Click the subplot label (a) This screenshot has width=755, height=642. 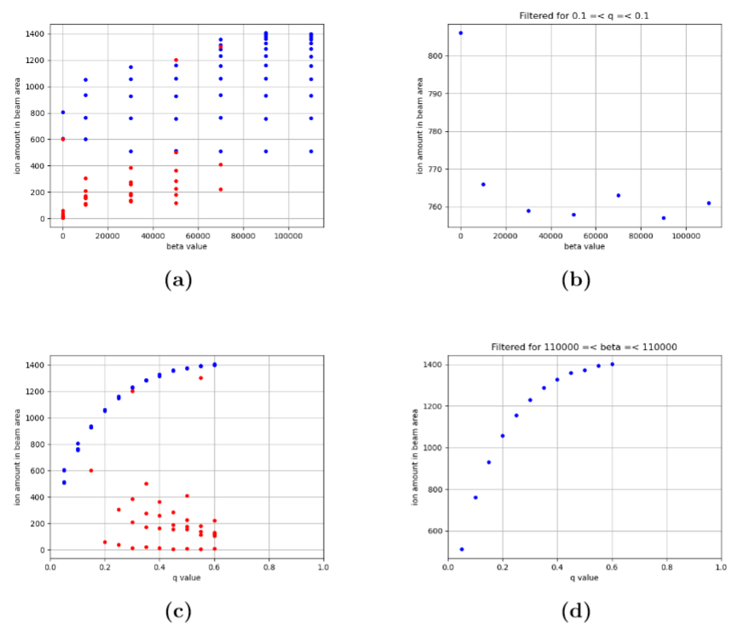click(x=179, y=279)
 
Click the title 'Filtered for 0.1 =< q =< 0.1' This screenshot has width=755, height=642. click(x=584, y=15)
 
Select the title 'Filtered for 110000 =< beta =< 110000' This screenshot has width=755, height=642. click(x=584, y=347)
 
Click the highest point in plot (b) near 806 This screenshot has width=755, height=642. click(x=461, y=33)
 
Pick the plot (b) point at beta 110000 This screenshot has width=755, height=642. click(x=709, y=203)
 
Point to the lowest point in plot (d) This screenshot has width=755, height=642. click(x=462, y=549)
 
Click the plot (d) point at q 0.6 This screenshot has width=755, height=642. click(x=612, y=364)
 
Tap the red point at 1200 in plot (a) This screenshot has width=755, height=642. click(x=176, y=60)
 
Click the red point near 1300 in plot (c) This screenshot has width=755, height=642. click(x=201, y=378)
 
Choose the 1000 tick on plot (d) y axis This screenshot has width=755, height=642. click(x=433, y=448)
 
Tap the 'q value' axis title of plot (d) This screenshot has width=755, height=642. click(x=584, y=578)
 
